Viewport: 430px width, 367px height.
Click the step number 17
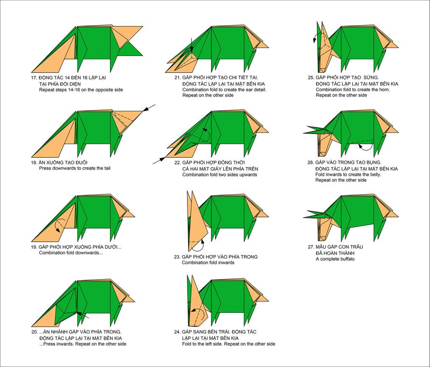coord(34,78)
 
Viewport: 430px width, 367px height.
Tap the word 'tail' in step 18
coord(107,168)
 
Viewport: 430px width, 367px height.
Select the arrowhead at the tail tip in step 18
coord(146,109)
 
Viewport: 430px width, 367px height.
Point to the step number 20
coord(34,332)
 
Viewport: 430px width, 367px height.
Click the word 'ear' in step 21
coord(245,89)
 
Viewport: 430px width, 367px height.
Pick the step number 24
coord(177,332)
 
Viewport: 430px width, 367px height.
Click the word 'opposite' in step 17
coord(95,90)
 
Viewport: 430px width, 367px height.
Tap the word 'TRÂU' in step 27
coord(356,247)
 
